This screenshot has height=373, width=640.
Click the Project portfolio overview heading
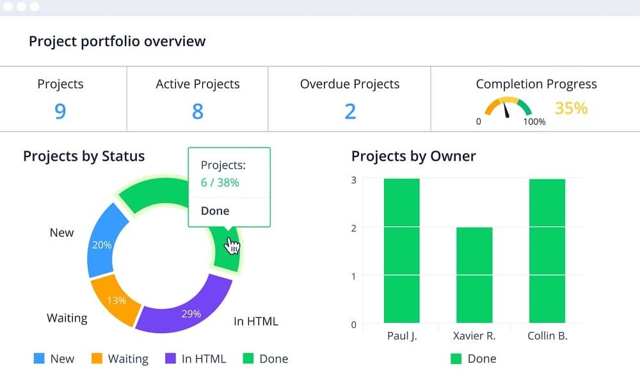coord(117,42)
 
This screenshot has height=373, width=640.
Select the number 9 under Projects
coord(60,112)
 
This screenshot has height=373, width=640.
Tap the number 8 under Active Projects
coord(197,112)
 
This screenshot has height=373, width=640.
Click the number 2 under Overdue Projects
coord(349,112)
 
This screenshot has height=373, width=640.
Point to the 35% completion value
coord(571,108)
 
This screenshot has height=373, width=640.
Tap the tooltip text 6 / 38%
coord(220,183)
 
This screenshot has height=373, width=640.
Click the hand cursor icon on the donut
coord(232,245)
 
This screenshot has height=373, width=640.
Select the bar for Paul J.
coord(401,251)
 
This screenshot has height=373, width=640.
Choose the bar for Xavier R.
coord(474,275)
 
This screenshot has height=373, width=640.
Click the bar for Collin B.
coord(547,251)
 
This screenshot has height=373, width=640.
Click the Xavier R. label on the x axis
coord(474,336)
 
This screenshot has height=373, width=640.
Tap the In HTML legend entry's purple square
coord(171,359)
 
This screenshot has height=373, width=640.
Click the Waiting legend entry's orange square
coord(97,359)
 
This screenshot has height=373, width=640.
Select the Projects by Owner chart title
coord(413,156)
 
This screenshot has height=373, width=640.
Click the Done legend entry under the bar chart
coord(473,359)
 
